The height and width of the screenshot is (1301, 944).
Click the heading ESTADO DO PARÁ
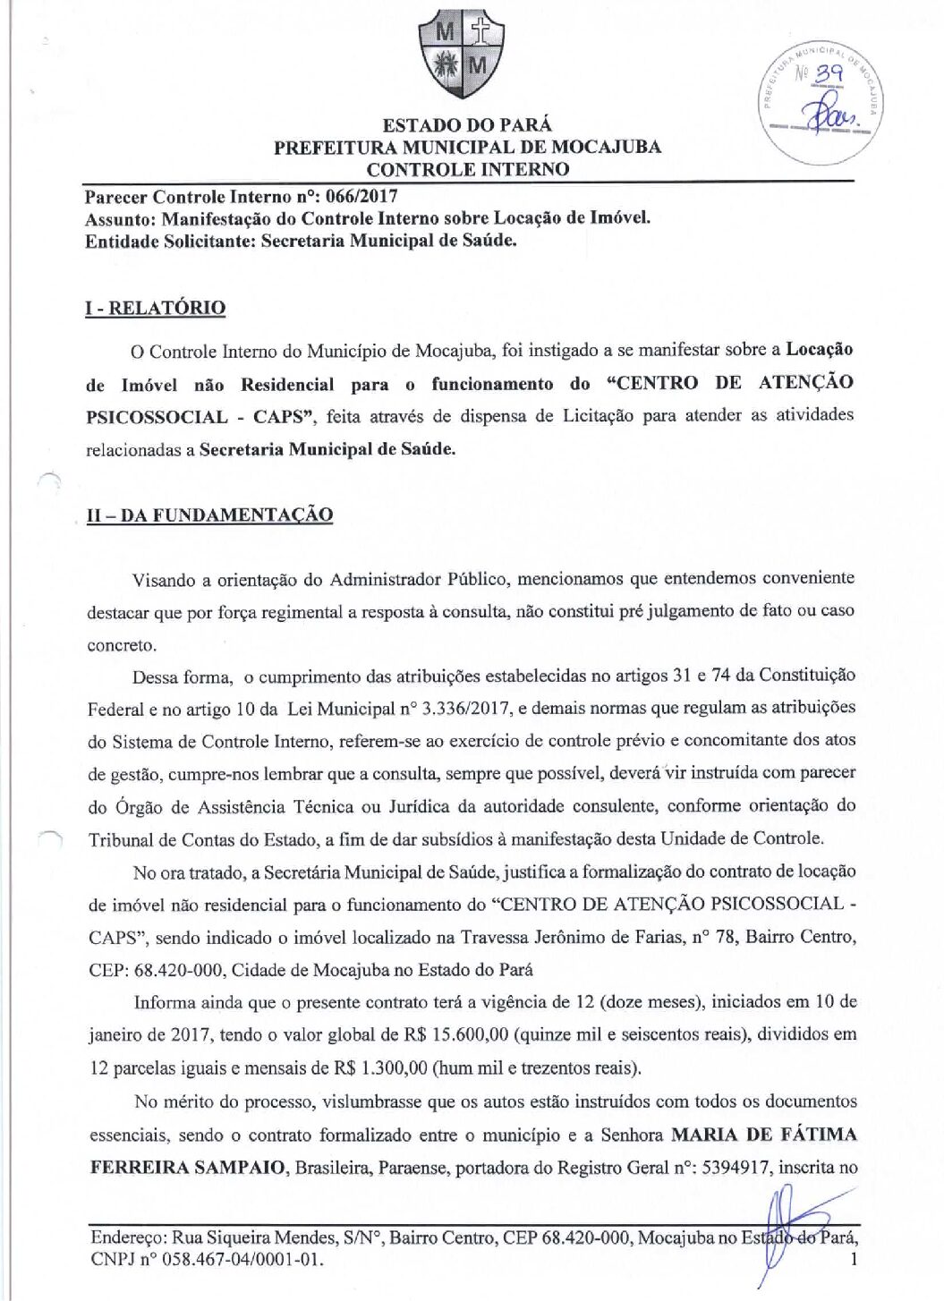(467, 125)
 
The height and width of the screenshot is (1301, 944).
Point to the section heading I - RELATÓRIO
(156, 308)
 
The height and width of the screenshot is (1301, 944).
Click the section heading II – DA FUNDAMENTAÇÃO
(209, 515)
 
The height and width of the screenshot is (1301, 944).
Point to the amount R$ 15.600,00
(469, 1035)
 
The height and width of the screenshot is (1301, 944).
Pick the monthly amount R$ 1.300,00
(380, 1068)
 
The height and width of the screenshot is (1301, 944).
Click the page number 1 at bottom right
(854, 1260)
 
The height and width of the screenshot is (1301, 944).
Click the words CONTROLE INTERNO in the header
(467, 169)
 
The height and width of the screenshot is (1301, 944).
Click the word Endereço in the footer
(129, 1239)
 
